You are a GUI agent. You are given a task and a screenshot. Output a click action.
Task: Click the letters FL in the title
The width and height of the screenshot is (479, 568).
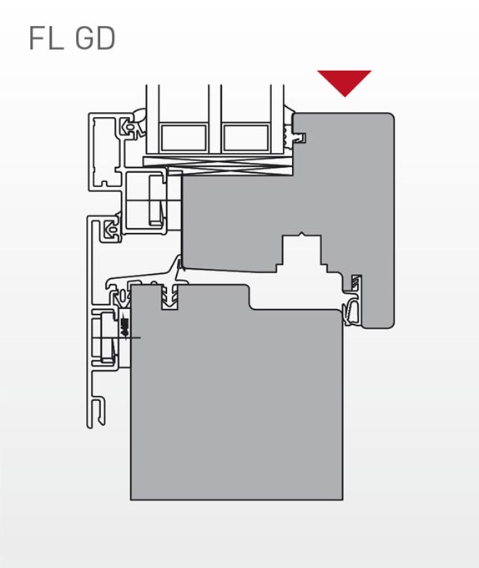point(45,38)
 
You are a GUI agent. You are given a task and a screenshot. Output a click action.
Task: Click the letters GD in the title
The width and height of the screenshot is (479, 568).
point(96,38)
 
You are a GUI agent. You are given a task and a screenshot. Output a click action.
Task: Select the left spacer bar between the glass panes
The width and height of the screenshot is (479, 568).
point(184,138)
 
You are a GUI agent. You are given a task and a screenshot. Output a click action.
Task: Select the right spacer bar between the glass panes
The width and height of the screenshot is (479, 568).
point(246,138)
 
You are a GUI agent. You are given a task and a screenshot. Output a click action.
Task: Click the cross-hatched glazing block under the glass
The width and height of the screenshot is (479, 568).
point(218,166)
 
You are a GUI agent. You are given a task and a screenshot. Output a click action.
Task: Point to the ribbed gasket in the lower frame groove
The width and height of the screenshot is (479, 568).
point(169,297)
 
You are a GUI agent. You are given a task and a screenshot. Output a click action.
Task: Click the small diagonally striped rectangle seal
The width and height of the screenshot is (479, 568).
point(356,282)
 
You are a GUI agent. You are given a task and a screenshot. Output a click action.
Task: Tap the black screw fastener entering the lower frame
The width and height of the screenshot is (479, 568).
point(125,327)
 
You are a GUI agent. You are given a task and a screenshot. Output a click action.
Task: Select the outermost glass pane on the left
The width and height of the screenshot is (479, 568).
point(153,119)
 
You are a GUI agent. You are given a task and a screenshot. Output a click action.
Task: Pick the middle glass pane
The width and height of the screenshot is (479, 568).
point(215,119)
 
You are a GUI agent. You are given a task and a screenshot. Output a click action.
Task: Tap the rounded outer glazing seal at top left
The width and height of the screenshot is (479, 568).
point(140,118)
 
